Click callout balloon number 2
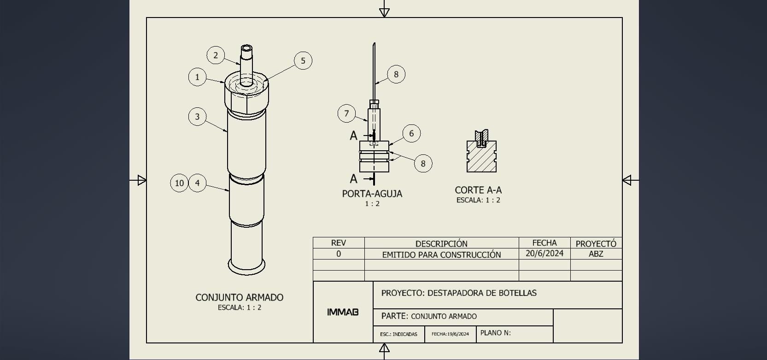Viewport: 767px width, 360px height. pos(216,55)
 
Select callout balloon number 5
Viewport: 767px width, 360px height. pos(303,60)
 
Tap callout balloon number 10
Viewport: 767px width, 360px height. pos(179,183)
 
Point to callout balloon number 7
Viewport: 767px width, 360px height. pos(346,113)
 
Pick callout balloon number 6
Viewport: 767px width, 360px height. pos(411,133)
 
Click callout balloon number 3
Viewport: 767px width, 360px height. pos(197,117)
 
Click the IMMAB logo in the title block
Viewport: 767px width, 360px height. pos(343,312)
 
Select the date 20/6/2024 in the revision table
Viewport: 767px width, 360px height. pos(545,254)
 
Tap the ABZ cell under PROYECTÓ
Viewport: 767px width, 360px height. pos(596,254)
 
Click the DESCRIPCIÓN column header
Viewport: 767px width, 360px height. pos(441,243)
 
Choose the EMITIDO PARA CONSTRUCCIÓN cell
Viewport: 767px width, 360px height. pos(441,254)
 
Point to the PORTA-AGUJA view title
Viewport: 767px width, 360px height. pos(372,194)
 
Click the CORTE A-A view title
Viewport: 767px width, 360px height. pos(478,190)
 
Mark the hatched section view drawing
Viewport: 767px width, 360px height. pos(481,154)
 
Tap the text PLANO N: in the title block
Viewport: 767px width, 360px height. pos(495,333)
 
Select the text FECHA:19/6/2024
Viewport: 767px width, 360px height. pos(450,334)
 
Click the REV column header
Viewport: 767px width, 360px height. pos(339,243)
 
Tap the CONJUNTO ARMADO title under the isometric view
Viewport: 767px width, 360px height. pos(239,298)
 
